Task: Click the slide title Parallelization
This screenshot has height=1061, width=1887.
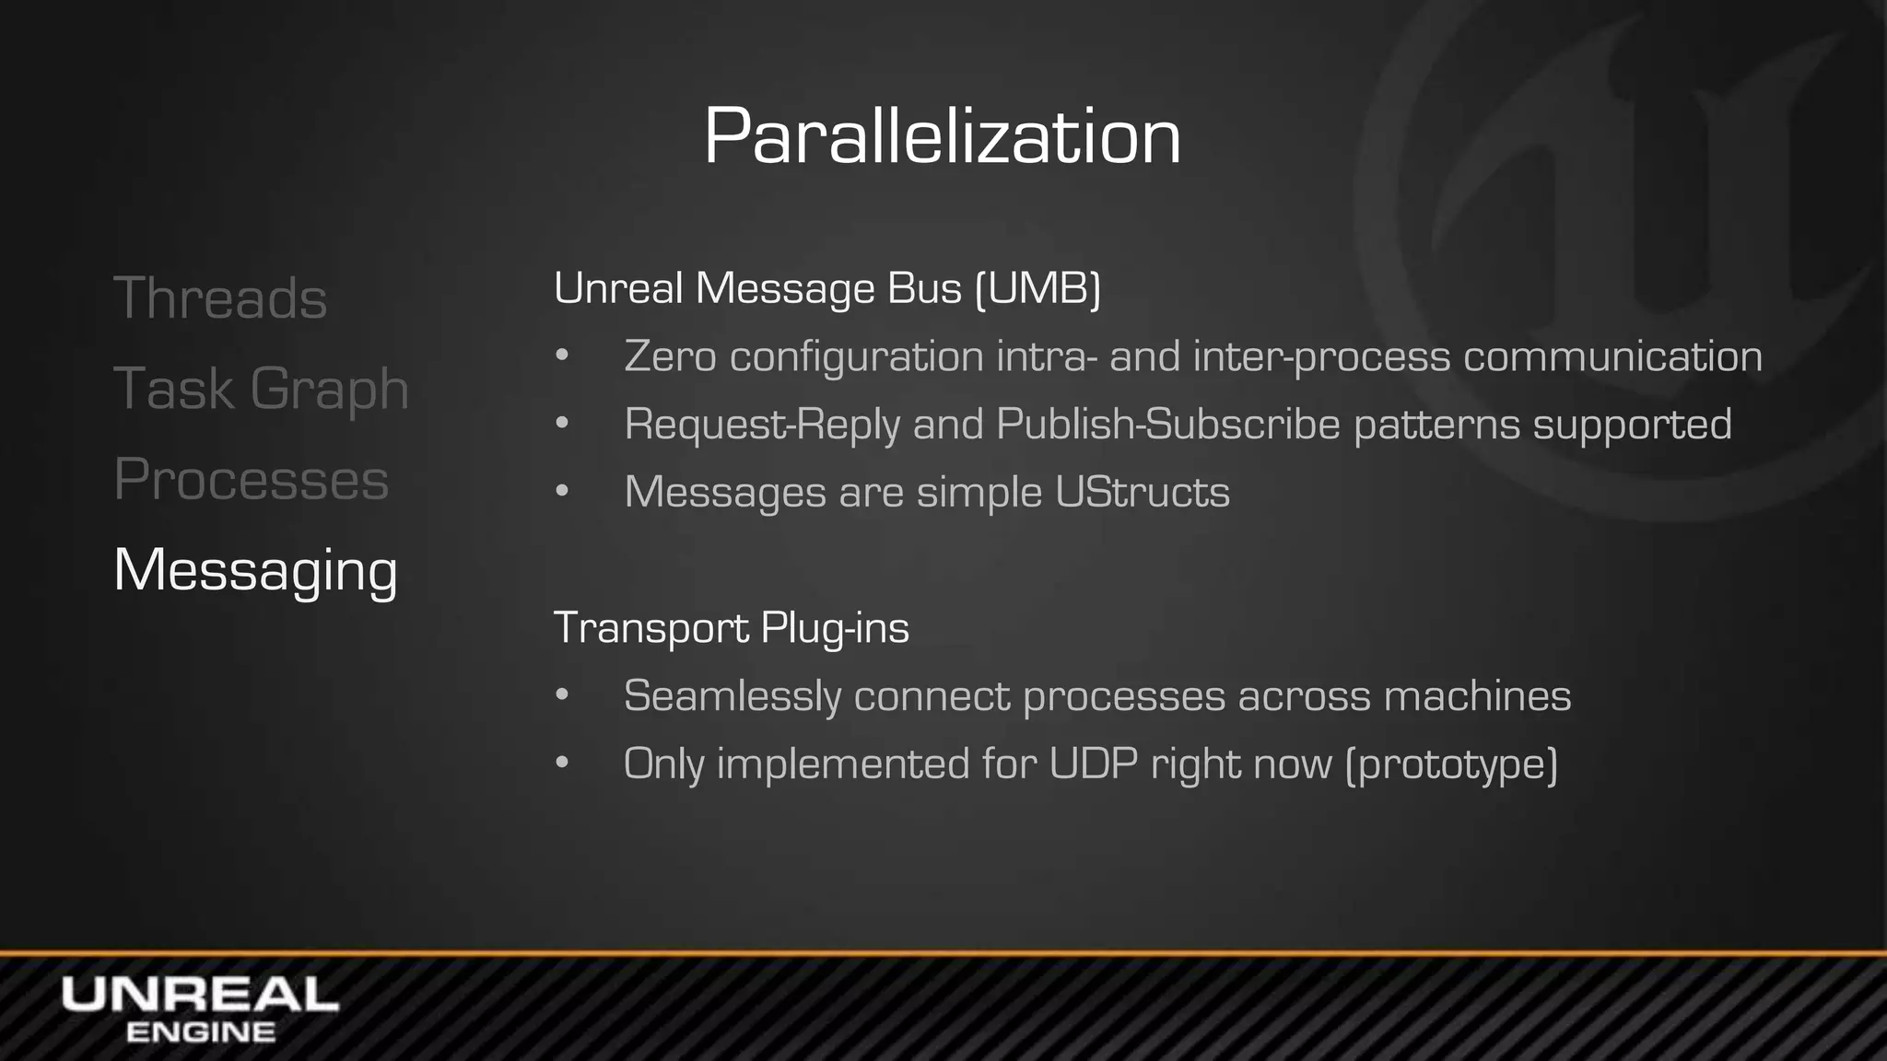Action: [942, 136]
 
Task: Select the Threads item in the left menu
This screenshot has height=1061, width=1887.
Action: [220, 298]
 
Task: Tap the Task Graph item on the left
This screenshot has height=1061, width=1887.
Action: [261, 389]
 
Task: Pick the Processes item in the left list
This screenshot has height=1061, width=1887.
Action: [251, 479]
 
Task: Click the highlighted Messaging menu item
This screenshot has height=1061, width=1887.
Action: [255, 570]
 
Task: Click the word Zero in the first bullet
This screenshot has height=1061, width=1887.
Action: [670, 357]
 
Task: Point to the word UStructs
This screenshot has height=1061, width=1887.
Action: [1142, 493]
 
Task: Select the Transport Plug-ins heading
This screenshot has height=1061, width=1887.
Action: [731, 629]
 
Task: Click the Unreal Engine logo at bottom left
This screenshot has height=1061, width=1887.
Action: [200, 1009]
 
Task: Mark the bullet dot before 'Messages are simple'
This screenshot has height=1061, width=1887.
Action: [562, 492]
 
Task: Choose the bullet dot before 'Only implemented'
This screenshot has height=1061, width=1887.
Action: [562, 764]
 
